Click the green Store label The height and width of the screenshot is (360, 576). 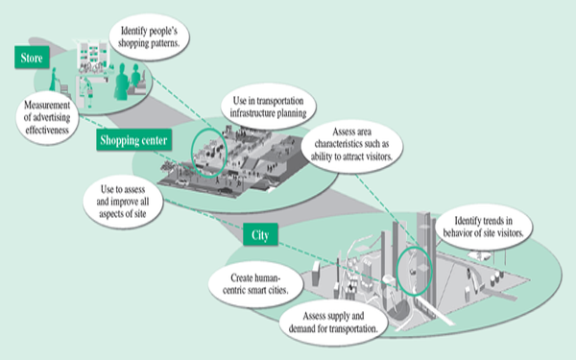point(32,58)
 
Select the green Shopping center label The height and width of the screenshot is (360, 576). point(134,139)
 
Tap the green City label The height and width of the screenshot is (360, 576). point(260,234)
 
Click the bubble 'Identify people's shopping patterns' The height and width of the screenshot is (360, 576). point(149,37)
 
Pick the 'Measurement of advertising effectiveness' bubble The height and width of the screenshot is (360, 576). point(47,117)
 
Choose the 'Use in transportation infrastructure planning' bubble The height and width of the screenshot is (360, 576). point(268,107)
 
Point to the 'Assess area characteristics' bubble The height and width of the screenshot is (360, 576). point(352,144)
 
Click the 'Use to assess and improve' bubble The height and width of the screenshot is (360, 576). point(123,202)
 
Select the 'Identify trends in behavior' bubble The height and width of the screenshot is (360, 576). point(484,227)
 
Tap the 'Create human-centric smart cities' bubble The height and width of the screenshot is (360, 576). point(255,284)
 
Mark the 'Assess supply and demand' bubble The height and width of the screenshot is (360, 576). point(333,323)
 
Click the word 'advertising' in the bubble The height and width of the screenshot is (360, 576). point(47,117)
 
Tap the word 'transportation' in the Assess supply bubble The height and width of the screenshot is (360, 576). point(353,328)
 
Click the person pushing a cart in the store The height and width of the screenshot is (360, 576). point(54,79)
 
